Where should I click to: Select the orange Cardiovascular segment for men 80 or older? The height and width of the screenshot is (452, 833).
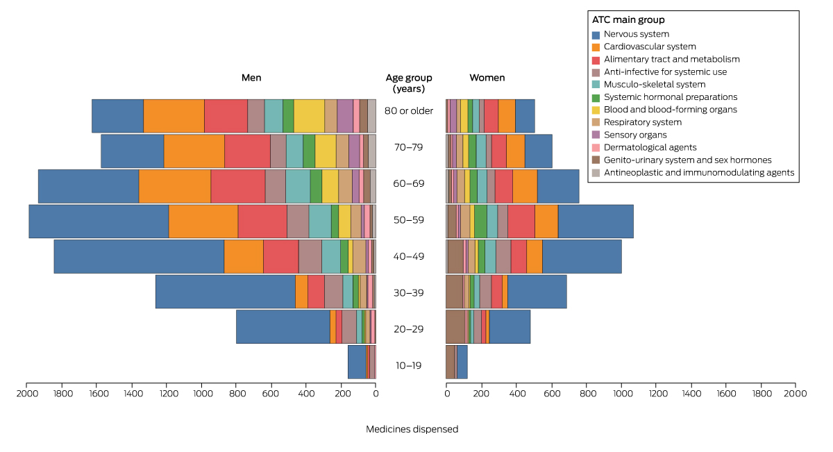(x=174, y=115)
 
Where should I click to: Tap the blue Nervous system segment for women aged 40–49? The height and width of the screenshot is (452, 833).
(x=582, y=257)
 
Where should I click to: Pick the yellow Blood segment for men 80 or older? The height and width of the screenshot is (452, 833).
(x=309, y=115)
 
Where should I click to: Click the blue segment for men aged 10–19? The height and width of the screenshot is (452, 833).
(x=357, y=362)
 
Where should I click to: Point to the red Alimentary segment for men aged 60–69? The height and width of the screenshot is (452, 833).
(x=237, y=185)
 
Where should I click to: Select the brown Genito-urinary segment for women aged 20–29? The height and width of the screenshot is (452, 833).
(x=455, y=326)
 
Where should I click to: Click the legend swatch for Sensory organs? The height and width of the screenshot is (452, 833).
(x=596, y=135)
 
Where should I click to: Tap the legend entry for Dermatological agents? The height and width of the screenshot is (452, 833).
(x=650, y=147)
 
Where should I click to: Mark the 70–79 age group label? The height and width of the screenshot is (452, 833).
(x=409, y=147)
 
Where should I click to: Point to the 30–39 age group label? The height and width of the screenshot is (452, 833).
(x=409, y=293)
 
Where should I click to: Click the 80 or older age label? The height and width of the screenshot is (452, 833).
(x=409, y=110)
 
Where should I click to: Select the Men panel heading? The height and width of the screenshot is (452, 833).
(x=251, y=78)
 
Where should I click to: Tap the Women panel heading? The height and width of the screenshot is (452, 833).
(x=487, y=78)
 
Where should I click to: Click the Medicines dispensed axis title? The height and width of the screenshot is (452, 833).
(x=412, y=429)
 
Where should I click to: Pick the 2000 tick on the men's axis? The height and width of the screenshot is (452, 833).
(x=26, y=394)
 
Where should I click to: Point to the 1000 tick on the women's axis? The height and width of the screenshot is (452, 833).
(x=621, y=394)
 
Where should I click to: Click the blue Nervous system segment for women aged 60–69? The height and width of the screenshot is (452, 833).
(x=557, y=185)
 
